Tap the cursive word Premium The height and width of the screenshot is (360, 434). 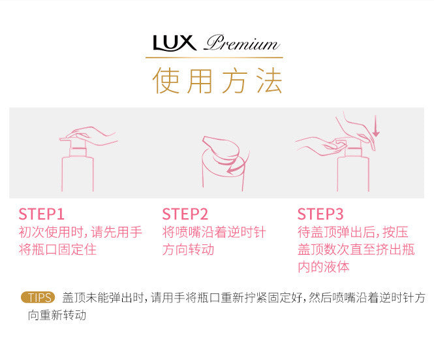point(242,43)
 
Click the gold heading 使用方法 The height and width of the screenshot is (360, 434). point(217,80)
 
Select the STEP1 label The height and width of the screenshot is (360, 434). point(42,214)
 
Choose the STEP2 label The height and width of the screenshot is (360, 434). point(185,214)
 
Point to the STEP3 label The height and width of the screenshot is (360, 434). point(320,214)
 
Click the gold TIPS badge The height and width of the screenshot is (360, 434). point(38,297)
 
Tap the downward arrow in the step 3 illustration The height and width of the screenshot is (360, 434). point(376,126)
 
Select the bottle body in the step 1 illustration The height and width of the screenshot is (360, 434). point(78,174)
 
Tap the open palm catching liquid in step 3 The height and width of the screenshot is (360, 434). point(318,145)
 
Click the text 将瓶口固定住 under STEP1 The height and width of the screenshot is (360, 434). point(57,250)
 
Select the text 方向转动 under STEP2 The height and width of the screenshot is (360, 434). point(188,250)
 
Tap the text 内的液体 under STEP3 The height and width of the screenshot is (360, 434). point(324,267)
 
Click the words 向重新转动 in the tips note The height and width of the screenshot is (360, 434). point(57,315)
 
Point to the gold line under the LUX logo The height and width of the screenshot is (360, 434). point(214,57)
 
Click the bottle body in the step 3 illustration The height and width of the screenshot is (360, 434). point(353,174)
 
